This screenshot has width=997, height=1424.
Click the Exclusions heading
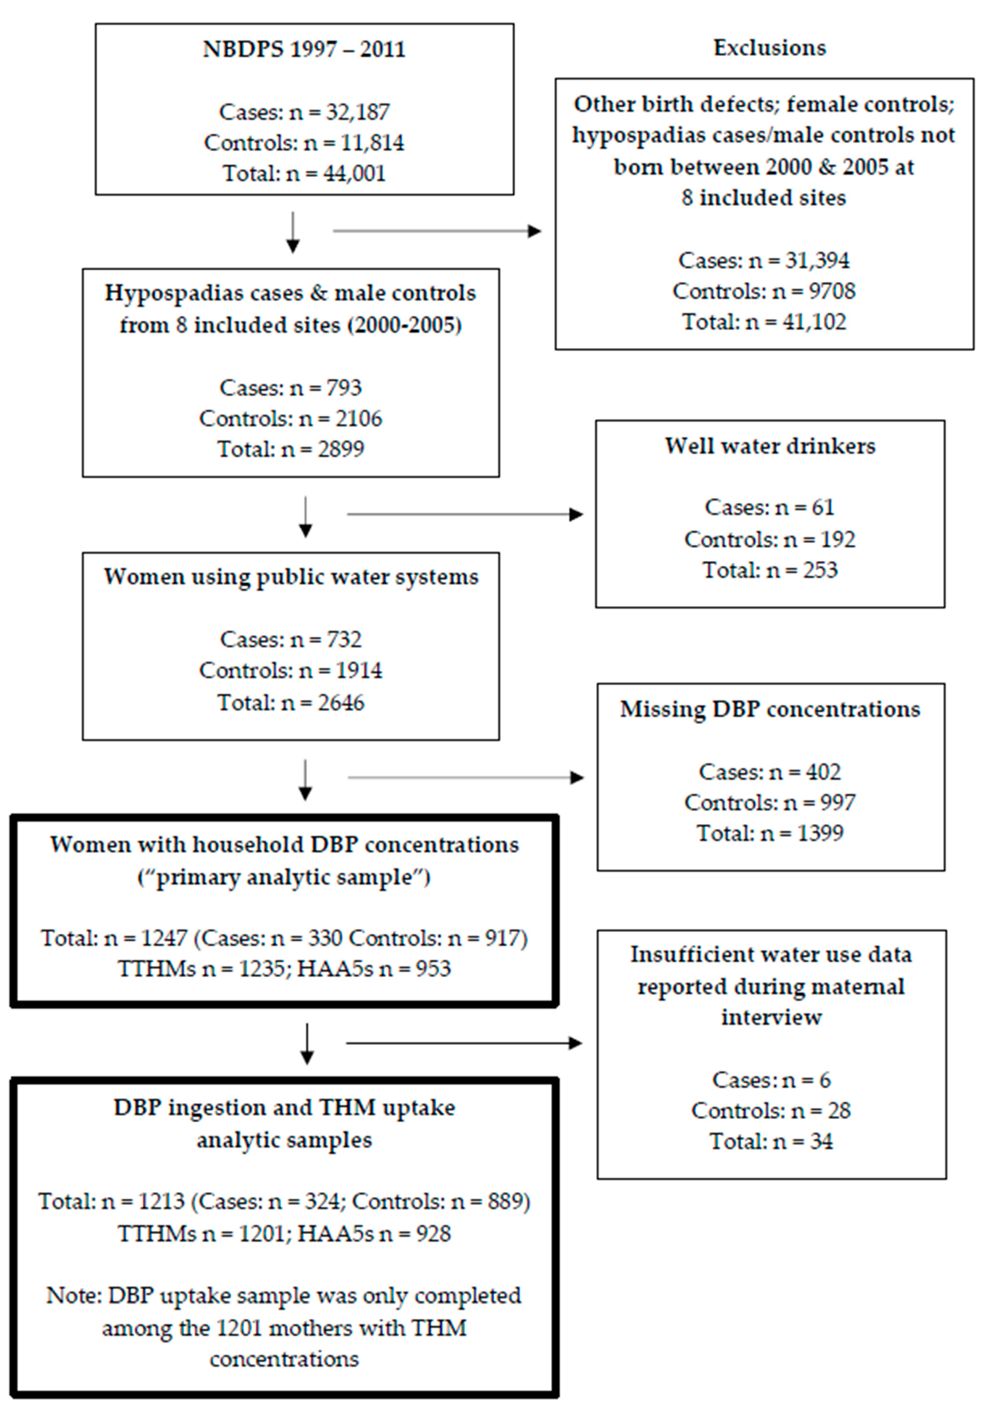coord(769,48)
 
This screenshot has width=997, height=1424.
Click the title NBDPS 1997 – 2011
coord(304,49)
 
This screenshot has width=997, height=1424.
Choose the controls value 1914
coord(358,671)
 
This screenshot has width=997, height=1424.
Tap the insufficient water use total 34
coord(820,1141)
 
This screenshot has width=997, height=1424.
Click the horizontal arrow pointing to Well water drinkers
coord(465,514)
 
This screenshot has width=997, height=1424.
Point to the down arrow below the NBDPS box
coord(293,233)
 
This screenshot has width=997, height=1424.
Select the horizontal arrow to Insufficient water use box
coord(464,1043)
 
